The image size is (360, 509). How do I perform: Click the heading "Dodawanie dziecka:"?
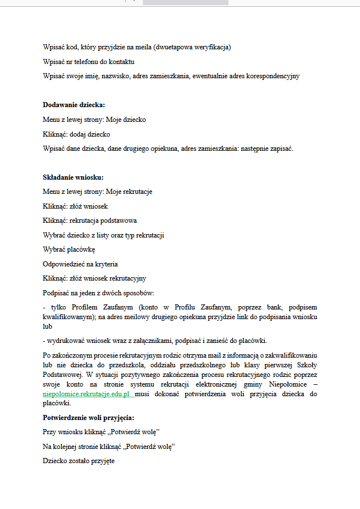coord(74,104)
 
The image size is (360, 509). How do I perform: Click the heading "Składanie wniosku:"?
coord(73,177)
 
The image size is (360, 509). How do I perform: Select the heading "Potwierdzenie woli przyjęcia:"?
coord(88,418)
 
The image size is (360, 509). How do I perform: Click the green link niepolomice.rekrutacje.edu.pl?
coord(87,393)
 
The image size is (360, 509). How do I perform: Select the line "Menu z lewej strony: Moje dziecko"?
coord(94,120)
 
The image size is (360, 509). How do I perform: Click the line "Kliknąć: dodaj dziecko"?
coord(77,134)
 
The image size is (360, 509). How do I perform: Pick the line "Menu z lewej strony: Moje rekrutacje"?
coord(98,192)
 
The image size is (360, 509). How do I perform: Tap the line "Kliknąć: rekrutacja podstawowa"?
coord(90,220)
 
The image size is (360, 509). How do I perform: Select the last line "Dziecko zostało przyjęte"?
coord(79,461)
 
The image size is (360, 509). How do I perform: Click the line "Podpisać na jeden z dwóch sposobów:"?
coord(99,293)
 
